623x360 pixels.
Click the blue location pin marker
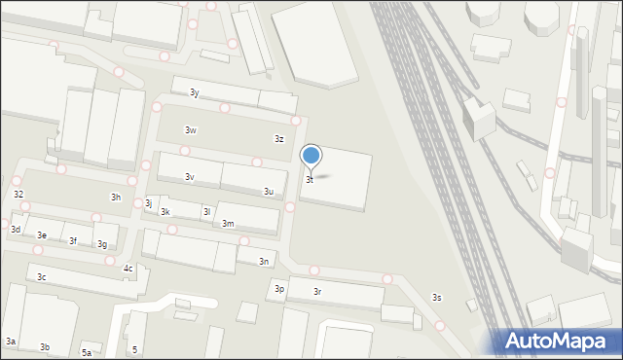click(311, 155)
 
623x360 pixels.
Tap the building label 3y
click(195, 92)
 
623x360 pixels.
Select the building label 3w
click(191, 130)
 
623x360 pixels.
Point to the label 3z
click(278, 139)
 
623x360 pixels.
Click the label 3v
click(190, 177)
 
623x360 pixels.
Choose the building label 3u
click(268, 192)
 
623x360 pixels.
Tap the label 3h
click(116, 198)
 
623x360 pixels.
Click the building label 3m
click(228, 224)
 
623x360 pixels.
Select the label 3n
click(264, 262)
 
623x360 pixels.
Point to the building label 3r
click(317, 292)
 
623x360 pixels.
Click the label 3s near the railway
click(437, 298)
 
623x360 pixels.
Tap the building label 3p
click(279, 289)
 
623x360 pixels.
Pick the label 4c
click(128, 269)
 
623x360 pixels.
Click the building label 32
click(18, 195)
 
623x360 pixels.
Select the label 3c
click(42, 277)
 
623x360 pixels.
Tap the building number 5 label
click(134, 349)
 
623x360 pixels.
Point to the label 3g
click(102, 244)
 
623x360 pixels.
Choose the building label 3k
click(165, 212)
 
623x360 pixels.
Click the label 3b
click(45, 347)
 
